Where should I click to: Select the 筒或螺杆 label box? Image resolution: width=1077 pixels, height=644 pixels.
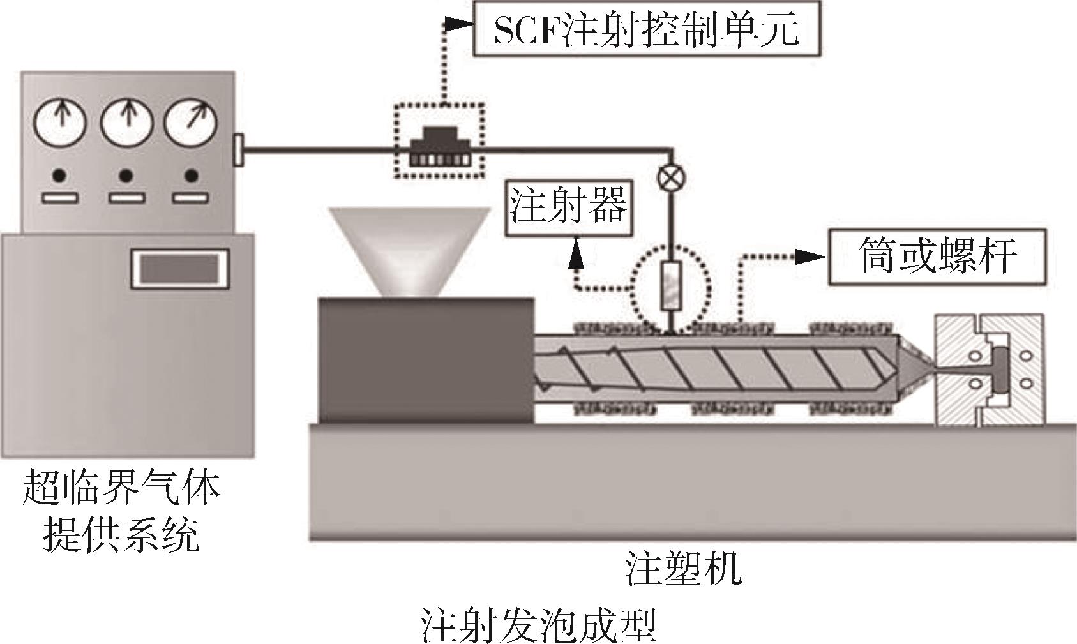point(937,257)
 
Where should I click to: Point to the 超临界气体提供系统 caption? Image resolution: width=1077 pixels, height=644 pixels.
point(121,511)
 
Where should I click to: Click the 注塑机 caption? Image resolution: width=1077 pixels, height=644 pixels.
point(684,570)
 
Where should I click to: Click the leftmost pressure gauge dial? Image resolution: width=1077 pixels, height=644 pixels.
point(61,122)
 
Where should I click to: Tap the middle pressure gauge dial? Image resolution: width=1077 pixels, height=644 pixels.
point(126,122)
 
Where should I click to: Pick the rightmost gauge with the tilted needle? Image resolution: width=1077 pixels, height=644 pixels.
point(191,122)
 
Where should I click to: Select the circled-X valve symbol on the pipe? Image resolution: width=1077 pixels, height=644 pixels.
point(670,179)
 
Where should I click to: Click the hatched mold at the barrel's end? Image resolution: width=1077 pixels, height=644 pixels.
point(990,370)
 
